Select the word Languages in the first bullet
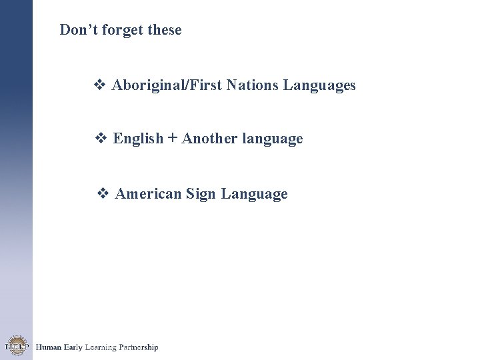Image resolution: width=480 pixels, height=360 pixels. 319,86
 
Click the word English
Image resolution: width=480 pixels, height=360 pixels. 138,139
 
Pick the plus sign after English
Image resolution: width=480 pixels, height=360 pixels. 173,139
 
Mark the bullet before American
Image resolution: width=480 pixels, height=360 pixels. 103,194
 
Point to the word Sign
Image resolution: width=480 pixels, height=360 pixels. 201,195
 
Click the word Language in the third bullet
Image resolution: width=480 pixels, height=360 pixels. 254,195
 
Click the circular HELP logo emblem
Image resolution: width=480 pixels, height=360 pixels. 15,346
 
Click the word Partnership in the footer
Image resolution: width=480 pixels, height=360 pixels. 138,347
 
